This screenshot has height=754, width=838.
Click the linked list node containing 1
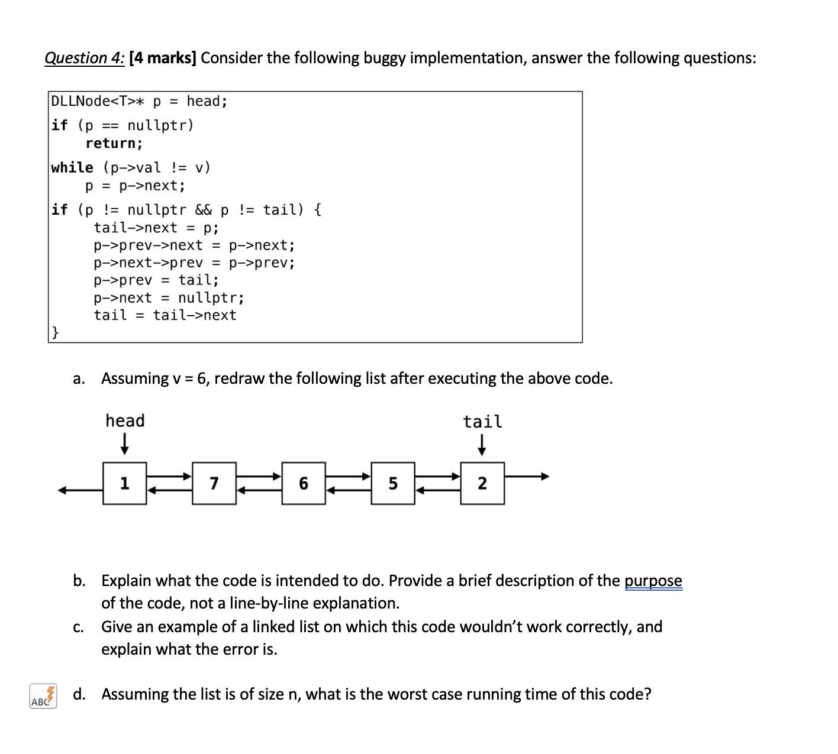click(124, 483)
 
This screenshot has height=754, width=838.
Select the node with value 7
click(214, 483)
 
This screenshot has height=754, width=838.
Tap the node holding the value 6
click(304, 483)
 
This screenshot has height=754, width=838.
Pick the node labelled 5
click(393, 483)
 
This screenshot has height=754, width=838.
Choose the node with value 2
click(482, 483)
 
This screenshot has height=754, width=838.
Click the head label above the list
click(125, 421)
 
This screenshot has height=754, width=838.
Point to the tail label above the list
click(482, 422)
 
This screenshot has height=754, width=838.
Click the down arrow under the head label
click(124, 444)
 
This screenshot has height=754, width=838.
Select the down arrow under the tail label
click(482, 445)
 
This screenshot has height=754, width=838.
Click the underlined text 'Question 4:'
click(85, 58)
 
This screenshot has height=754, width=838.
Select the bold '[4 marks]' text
click(163, 58)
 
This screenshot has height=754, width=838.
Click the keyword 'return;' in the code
click(114, 143)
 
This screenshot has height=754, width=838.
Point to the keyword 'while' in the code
click(72, 168)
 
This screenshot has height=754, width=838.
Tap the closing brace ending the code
click(54, 333)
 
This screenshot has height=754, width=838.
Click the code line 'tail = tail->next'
click(165, 315)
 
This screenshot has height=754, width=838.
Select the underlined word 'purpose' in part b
click(653, 581)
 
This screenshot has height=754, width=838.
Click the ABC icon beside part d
click(43, 697)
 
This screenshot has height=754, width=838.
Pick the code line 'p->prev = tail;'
click(156, 280)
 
